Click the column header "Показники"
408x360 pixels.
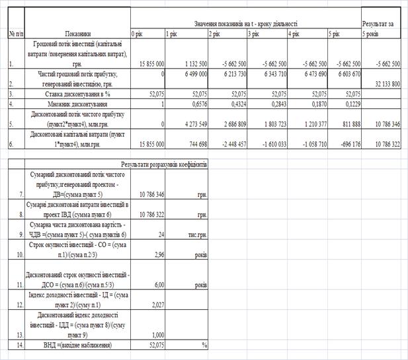tap(77, 32)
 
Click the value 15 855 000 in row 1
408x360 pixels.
tap(147, 63)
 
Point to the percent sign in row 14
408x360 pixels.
tap(204, 345)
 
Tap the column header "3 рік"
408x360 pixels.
tap(253, 32)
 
